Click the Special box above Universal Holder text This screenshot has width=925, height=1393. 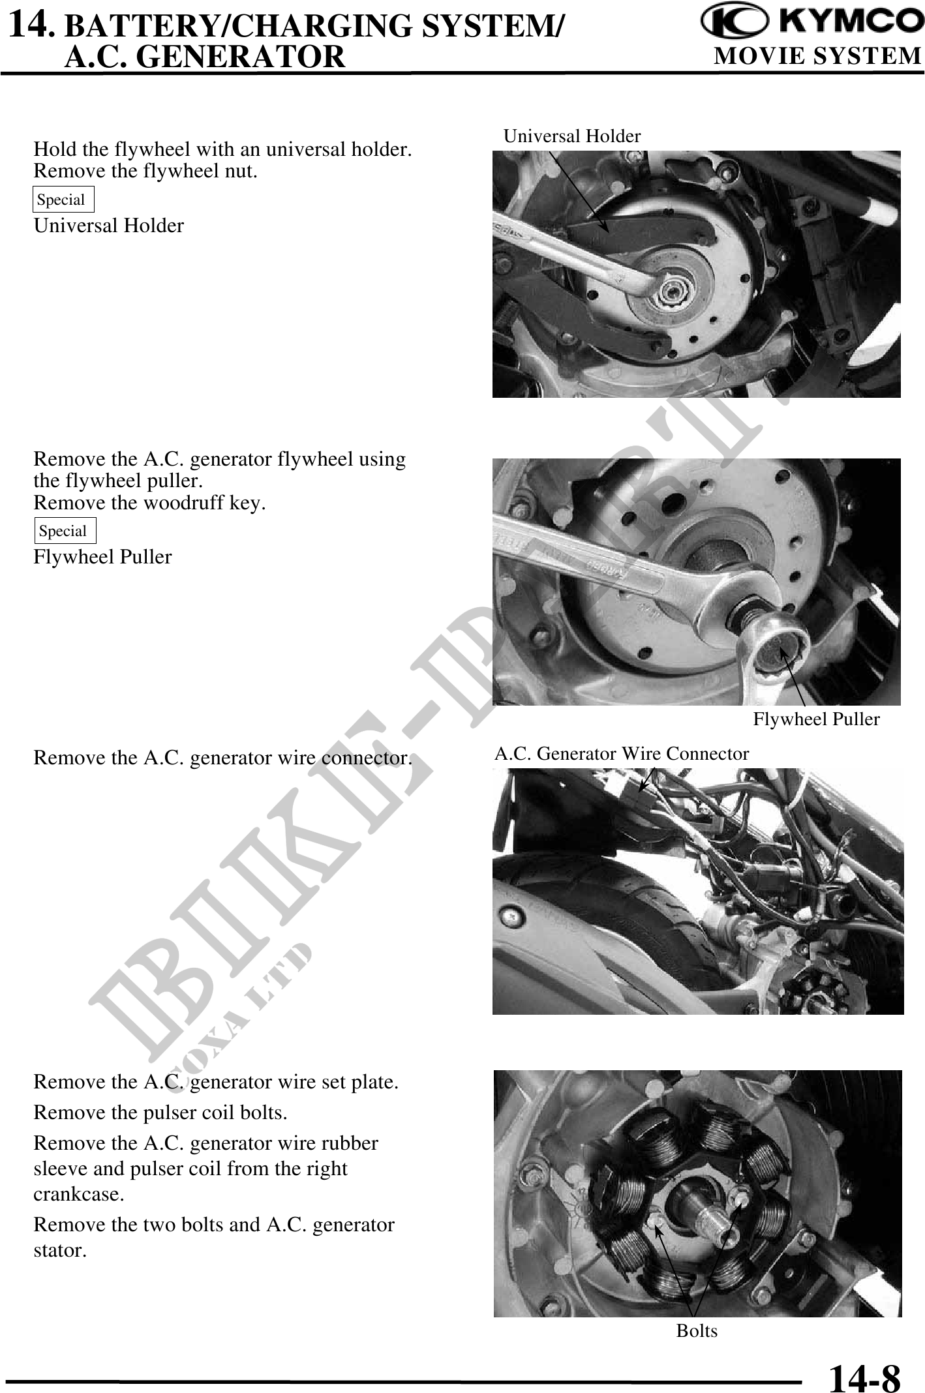[x=63, y=200]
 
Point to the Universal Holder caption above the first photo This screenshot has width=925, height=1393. [x=572, y=136]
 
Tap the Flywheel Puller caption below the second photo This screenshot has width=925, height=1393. [x=816, y=719]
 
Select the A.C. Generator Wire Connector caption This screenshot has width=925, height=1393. [x=622, y=754]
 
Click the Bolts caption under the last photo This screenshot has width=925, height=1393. [x=697, y=1330]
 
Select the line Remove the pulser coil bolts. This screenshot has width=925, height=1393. [x=160, y=1113]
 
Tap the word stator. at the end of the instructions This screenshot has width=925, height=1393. [x=59, y=1250]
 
